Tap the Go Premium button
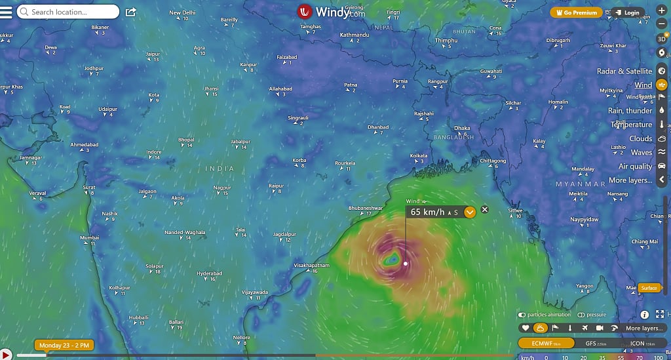click(x=576, y=12)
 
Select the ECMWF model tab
click(x=546, y=343)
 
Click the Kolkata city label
click(x=418, y=155)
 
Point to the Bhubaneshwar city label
click(x=364, y=208)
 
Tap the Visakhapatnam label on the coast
click(x=311, y=265)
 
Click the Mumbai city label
click(x=90, y=237)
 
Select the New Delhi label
click(x=182, y=12)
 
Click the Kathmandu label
click(x=355, y=35)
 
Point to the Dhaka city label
click(x=462, y=129)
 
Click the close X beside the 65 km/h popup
click(x=485, y=210)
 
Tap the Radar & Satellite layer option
click(x=624, y=71)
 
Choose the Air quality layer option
click(x=635, y=167)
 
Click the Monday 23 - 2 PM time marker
click(x=64, y=345)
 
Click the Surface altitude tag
click(x=649, y=288)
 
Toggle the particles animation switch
click(x=522, y=315)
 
